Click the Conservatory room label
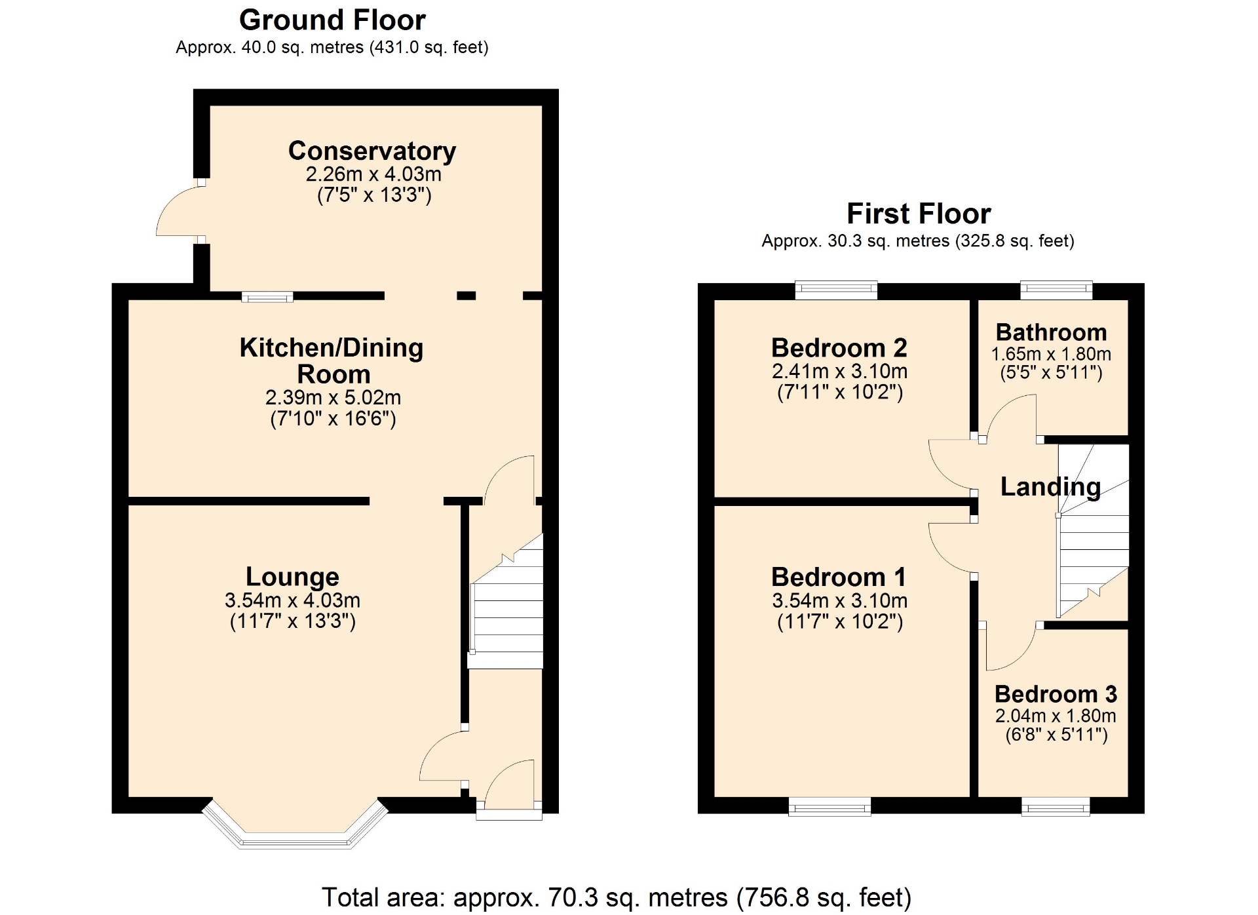point(372,151)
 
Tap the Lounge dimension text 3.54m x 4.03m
point(292,600)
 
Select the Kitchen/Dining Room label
point(332,360)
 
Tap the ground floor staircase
point(506,601)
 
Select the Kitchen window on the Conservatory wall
point(267,297)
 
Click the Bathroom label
point(1051,332)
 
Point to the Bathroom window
point(1056,290)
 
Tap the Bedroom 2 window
point(836,290)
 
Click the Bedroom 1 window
point(829,806)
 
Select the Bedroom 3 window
point(1056,806)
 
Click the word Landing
point(1050,487)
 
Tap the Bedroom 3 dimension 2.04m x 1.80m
point(1056,716)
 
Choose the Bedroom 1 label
point(839,577)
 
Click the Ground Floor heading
point(332,20)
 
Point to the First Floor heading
point(919,214)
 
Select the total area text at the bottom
point(617,897)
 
